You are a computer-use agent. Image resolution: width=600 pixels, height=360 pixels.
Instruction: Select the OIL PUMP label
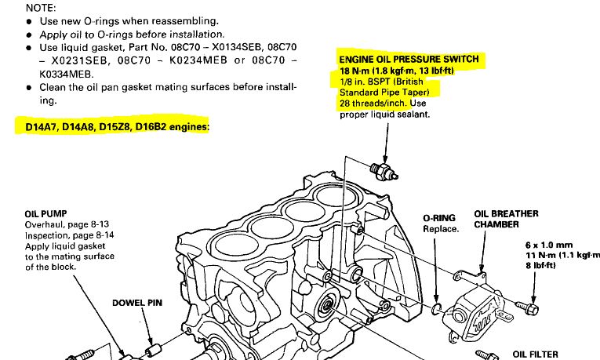tap(46, 213)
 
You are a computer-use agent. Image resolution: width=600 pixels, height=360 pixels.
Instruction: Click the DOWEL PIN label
tap(138, 302)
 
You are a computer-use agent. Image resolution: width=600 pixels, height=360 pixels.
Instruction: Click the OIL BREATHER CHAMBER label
tap(506, 219)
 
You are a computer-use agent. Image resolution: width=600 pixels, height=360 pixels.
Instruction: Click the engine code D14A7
tap(35, 126)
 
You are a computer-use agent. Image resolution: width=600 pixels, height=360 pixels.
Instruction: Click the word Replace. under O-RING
tap(440, 229)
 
